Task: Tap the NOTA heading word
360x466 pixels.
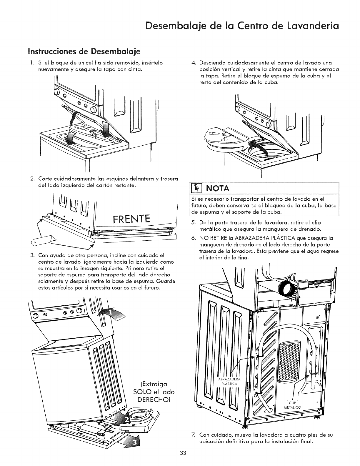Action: pyautogui.click(x=217, y=188)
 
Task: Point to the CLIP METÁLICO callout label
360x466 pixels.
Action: pyautogui.click(x=291, y=405)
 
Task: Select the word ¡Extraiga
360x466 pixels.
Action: pyautogui.click(x=152, y=384)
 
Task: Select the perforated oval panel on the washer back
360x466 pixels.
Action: pyautogui.click(x=289, y=359)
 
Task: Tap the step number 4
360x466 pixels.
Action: pyautogui.click(x=193, y=63)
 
